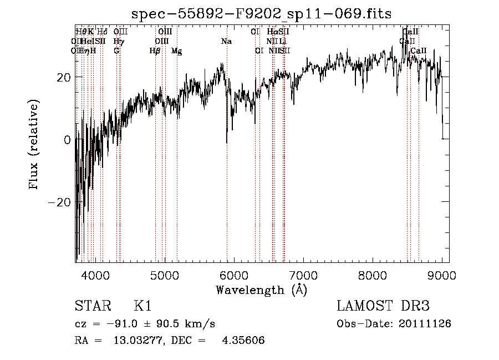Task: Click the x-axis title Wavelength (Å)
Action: [x=261, y=290]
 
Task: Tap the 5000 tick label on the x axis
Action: [x=165, y=275]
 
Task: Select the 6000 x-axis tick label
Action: [x=234, y=275]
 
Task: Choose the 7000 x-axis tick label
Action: [x=303, y=275]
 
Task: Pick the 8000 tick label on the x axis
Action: [x=373, y=275]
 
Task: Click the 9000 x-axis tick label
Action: [x=442, y=275]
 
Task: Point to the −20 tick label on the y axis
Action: [x=61, y=202]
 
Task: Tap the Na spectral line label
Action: [x=226, y=42]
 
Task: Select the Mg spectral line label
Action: [x=176, y=51]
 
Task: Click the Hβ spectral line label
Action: [x=155, y=51]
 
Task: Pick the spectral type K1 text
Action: [x=142, y=306]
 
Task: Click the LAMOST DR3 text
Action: [x=383, y=306]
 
